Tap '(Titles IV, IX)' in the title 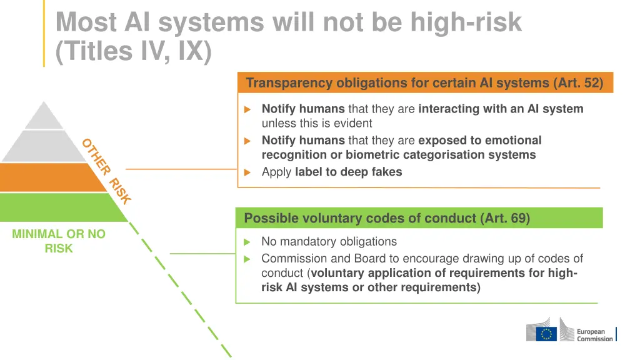point(133,51)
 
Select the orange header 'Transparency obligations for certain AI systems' point(398,83)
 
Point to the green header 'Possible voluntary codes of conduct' point(359,218)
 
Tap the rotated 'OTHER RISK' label point(106,171)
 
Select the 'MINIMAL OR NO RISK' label point(59,241)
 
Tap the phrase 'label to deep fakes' point(348,172)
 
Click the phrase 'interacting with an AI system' point(501,109)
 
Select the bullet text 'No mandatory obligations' point(329,241)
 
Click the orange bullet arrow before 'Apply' point(247,172)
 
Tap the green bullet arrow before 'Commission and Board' point(247,259)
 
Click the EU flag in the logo point(548,334)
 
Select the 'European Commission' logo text point(594,335)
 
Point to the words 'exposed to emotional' point(479,141)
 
